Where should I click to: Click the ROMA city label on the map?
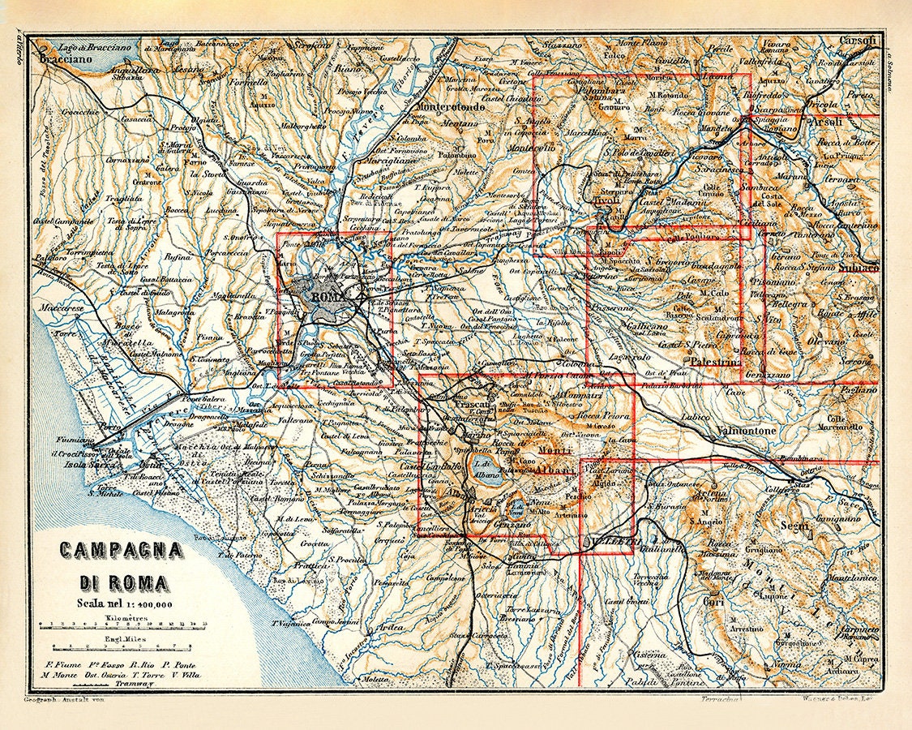[328, 297]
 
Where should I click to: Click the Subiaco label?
[858, 267]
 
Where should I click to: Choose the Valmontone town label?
[745, 431]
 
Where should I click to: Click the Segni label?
[795, 526]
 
